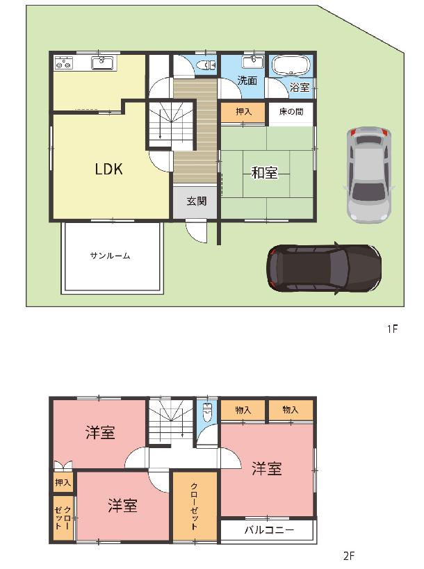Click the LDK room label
click(x=108, y=169)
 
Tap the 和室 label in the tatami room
click(x=265, y=173)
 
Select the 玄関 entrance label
click(x=197, y=201)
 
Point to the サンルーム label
click(x=110, y=256)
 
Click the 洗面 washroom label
click(x=247, y=81)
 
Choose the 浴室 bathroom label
click(x=300, y=88)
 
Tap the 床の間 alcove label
click(x=291, y=111)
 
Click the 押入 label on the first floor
click(x=243, y=111)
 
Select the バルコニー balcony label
click(x=269, y=530)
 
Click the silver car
click(x=368, y=174)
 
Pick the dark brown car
click(x=324, y=267)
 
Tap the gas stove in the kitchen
click(x=63, y=63)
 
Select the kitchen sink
click(x=102, y=63)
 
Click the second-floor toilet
click(x=207, y=412)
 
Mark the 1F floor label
click(x=393, y=329)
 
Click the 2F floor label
click(x=348, y=556)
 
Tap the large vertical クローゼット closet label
click(x=194, y=506)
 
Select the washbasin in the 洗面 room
click(x=253, y=62)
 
